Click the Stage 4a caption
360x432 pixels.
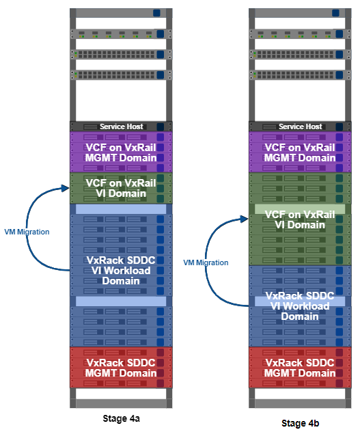click(x=121, y=418)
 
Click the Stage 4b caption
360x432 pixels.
click(x=301, y=423)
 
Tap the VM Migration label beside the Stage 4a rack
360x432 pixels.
click(x=27, y=232)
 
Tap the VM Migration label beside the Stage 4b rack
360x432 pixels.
click(x=206, y=262)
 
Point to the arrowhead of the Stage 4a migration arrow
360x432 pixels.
click(x=66, y=189)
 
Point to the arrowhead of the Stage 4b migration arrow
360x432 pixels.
click(x=245, y=219)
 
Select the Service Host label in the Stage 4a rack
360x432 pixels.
click(x=122, y=126)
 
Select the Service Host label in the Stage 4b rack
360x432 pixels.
click(x=301, y=126)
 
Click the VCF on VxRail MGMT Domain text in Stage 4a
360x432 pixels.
click(x=121, y=152)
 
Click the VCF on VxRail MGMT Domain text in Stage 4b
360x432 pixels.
click(x=300, y=152)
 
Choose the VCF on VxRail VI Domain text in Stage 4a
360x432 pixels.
click(x=121, y=188)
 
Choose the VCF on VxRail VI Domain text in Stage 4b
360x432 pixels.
click(x=300, y=219)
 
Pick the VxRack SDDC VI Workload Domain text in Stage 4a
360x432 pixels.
click(x=121, y=271)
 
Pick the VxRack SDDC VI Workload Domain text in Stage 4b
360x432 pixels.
click(x=300, y=306)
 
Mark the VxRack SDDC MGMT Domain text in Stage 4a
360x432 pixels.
click(x=121, y=368)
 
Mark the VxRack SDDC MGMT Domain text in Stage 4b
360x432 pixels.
click(x=300, y=368)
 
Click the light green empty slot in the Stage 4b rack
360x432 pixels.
click(x=300, y=209)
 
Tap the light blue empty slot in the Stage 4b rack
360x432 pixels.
click(x=300, y=301)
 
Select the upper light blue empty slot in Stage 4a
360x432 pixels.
click(x=121, y=209)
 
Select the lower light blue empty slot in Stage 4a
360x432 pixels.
click(x=121, y=301)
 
